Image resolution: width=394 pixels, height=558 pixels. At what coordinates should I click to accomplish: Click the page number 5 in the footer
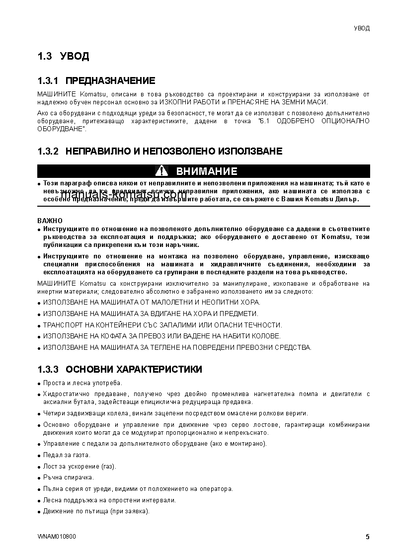point(367,537)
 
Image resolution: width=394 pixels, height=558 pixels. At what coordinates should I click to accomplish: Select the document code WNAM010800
point(57,537)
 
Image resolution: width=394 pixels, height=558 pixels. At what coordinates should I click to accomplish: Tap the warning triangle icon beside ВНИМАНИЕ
point(162,171)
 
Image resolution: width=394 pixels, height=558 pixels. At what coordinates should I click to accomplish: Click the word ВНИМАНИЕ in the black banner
point(207,171)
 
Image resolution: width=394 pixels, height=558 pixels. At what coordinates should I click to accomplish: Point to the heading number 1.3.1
point(48,81)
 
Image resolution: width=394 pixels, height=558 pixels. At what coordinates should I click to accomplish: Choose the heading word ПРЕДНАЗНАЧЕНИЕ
point(110,81)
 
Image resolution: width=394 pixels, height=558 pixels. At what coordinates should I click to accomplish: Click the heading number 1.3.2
point(48,151)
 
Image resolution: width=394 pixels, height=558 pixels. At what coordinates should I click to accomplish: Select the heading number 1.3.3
point(48,370)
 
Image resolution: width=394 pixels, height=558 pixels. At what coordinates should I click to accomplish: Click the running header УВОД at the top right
point(361,28)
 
